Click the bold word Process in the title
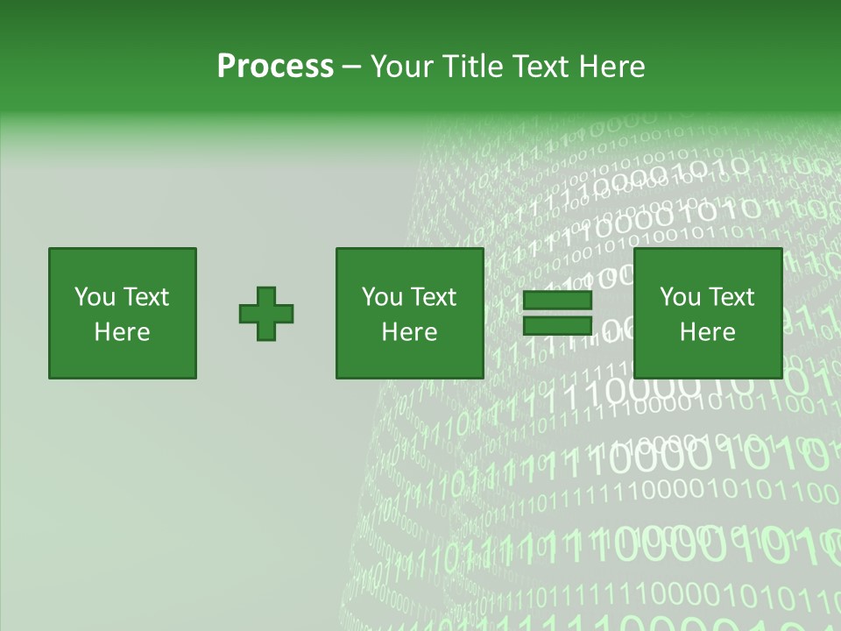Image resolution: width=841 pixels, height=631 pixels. (x=275, y=67)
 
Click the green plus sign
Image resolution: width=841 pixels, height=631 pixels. (x=266, y=313)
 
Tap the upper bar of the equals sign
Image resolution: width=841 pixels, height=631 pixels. (x=557, y=301)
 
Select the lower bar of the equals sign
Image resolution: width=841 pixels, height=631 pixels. (x=557, y=325)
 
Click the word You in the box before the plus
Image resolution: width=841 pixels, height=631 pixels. (x=95, y=297)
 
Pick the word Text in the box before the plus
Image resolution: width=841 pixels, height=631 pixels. (x=145, y=297)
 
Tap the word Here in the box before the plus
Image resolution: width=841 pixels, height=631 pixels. (x=122, y=332)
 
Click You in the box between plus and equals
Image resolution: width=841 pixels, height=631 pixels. (x=382, y=297)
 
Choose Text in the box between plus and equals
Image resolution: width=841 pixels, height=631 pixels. (x=432, y=297)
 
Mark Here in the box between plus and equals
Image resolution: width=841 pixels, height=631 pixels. (x=409, y=332)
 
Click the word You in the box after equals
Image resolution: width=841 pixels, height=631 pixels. (x=680, y=297)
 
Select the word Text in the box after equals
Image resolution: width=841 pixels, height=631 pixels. (x=730, y=297)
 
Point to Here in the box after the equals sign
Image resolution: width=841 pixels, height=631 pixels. (x=707, y=332)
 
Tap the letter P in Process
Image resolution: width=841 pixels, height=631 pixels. (x=226, y=67)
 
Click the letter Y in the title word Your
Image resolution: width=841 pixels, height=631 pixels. (x=378, y=67)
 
